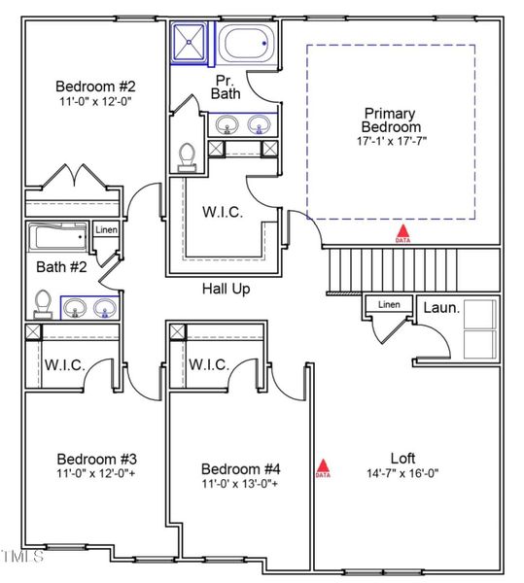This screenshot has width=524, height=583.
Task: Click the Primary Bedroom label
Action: tap(391, 120)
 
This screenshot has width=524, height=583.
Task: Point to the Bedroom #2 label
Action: tap(94, 85)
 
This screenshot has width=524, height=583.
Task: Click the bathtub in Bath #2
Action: tap(57, 238)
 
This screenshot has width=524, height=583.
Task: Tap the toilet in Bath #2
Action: tap(42, 303)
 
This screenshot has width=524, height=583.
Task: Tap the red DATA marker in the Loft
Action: tap(323, 469)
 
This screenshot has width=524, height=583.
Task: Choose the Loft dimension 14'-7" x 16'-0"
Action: tap(402, 474)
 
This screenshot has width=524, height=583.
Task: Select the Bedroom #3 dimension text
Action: tap(96, 475)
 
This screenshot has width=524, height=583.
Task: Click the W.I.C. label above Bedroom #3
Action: tap(65, 365)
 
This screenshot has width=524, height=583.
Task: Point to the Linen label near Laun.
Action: tap(389, 305)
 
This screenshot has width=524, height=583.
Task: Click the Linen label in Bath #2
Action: tap(106, 230)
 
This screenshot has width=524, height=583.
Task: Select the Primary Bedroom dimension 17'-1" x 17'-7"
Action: tap(391, 141)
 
